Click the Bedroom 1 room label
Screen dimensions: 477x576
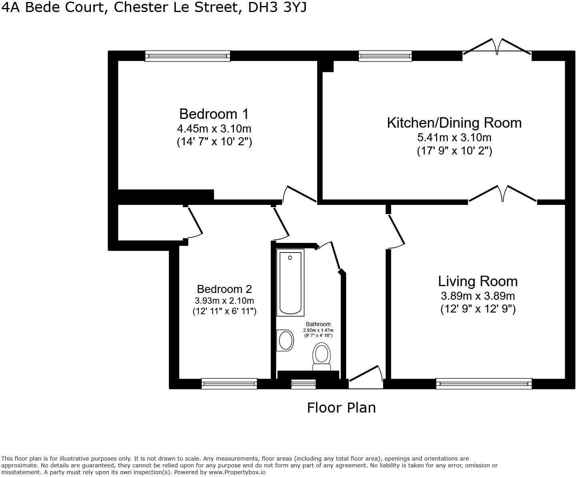pyautogui.click(x=214, y=114)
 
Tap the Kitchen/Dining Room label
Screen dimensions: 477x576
pyautogui.click(x=454, y=122)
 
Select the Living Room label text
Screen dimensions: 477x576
pyautogui.click(x=478, y=281)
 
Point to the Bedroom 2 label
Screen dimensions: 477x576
pyautogui.click(x=224, y=289)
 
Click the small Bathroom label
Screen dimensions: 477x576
pyautogui.click(x=318, y=324)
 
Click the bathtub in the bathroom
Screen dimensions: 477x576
pyautogui.click(x=290, y=282)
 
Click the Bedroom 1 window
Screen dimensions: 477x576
pyautogui.click(x=188, y=56)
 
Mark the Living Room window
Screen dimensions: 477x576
pyautogui.click(x=484, y=384)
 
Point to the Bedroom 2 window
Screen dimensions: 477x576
pyautogui.click(x=229, y=384)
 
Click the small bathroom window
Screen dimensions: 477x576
pyautogui.click(x=303, y=384)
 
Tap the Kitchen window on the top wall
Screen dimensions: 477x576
pyautogui.click(x=385, y=56)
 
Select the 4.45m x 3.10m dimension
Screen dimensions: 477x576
pyautogui.click(x=214, y=128)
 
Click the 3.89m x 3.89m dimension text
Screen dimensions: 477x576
pyautogui.click(x=478, y=296)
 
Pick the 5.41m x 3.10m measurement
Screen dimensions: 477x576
pyautogui.click(x=454, y=138)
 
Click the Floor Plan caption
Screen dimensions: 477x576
pyautogui.click(x=341, y=408)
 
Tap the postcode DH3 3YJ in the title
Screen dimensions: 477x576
pyautogui.click(x=277, y=7)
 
